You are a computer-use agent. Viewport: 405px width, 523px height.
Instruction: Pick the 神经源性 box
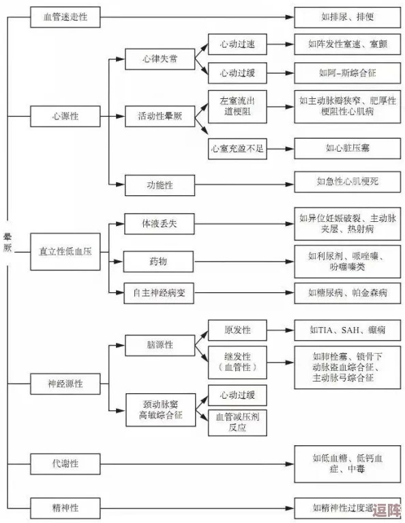tap(65, 384)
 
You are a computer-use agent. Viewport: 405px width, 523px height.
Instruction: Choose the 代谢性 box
tap(65, 464)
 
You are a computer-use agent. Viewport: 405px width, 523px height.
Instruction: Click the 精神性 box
tap(65, 507)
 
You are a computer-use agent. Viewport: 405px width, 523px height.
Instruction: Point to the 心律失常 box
tap(160, 59)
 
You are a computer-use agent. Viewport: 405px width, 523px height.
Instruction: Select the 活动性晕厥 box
tap(160, 116)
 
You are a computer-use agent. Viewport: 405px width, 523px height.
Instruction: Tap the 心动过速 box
tap(237, 44)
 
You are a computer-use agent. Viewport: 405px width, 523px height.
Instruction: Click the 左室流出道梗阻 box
tap(237, 105)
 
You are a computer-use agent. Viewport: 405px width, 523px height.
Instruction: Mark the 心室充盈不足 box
tap(237, 147)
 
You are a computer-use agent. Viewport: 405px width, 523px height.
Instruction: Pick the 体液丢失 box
tap(160, 223)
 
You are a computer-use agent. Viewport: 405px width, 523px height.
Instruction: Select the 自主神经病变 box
tap(160, 293)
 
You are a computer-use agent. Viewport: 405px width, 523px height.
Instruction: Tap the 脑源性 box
tap(160, 345)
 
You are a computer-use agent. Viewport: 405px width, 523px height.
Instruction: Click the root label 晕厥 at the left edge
tap(8, 242)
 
